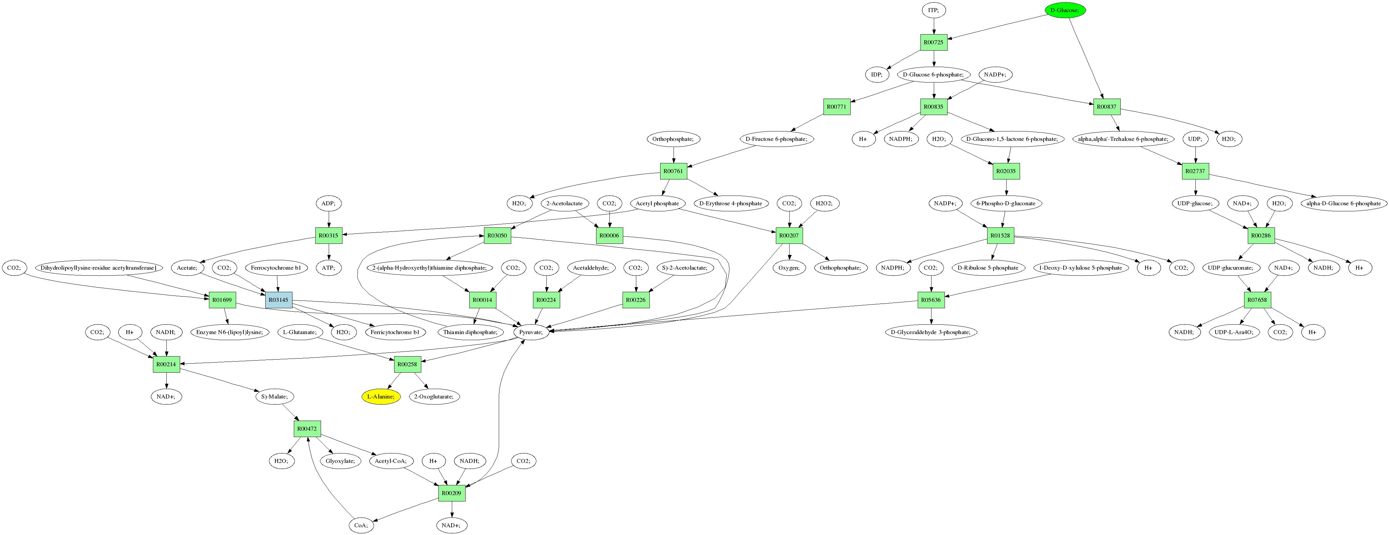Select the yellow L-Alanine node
[x=381, y=396]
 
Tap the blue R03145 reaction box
[x=279, y=300]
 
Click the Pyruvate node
[x=531, y=332]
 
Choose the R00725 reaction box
[x=933, y=42]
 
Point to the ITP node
[x=933, y=10]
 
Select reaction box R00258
[x=407, y=364]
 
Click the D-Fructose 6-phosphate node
[x=776, y=139]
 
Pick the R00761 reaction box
[x=673, y=171]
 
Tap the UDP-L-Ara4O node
[x=1234, y=332]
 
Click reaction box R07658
[x=1257, y=300]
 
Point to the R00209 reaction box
[x=451, y=493]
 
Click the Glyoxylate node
[x=340, y=461]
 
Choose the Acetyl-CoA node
[x=390, y=461]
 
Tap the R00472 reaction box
[x=307, y=429]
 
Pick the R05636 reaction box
[x=931, y=300]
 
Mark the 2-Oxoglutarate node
[x=433, y=396]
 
